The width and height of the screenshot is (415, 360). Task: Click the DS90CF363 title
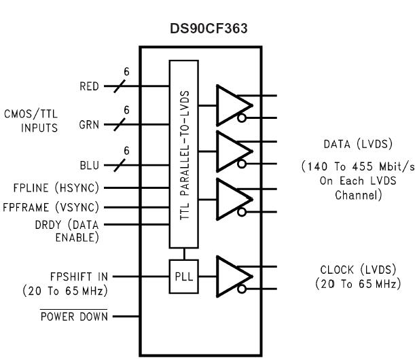pos(200,32)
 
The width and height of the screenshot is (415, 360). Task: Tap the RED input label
pos(88,86)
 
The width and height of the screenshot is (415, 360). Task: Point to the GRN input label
pos(88,126)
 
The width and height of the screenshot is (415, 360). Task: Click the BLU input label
pos(88,164)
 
